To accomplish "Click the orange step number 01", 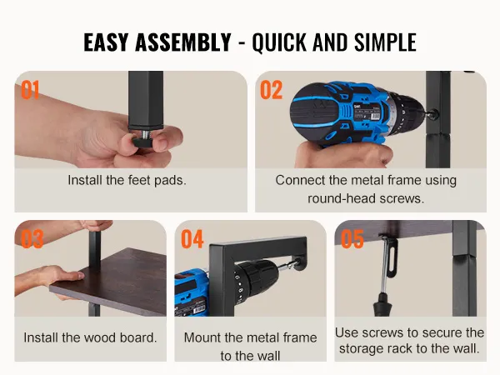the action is tap(30, 90).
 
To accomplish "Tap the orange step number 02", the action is tap(272, 90).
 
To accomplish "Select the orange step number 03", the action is tap(32, 239).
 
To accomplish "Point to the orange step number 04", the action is tap(192, 239).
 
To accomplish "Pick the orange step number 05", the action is tap(352, 239).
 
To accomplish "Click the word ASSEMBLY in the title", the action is tap(183, 42).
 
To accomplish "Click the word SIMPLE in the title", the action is tap(385, 42).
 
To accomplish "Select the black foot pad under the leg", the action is tap(143, 141).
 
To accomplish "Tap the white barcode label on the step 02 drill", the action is tap(371, 116).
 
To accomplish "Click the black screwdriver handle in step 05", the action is tap(382, 304).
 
